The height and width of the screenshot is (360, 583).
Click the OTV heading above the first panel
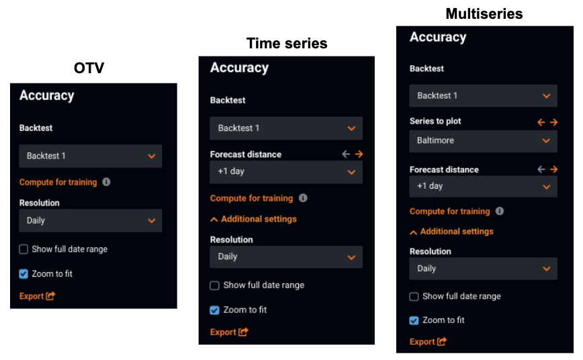[89, 68]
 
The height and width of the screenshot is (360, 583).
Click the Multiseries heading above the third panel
[484, 13]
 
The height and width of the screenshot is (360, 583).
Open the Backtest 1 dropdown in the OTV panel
[91, 156]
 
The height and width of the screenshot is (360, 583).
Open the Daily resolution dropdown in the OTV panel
[91, 220]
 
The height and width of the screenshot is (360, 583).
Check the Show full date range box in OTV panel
[24, 249]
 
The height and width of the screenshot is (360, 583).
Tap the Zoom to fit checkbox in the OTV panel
[24, 274]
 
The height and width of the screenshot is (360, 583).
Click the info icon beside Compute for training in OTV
[106, 182]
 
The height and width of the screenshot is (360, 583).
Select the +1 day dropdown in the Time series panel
[286, 172]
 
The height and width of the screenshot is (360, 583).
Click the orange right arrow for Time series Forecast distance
[359, 154]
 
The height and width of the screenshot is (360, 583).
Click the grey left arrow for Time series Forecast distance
[346, 154]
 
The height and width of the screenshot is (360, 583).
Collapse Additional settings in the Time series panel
[253, 219]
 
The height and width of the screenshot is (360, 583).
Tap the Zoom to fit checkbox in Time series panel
[214, 310]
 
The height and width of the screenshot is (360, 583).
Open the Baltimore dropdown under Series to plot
[483, 141]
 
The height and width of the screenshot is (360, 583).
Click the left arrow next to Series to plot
[541, 122]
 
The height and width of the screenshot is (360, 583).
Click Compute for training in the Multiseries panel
[449, 212]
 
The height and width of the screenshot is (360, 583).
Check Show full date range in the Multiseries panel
[414, 296]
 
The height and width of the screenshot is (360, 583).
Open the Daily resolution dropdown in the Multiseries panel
[483, 269]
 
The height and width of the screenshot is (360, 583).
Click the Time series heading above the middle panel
[287, 44]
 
